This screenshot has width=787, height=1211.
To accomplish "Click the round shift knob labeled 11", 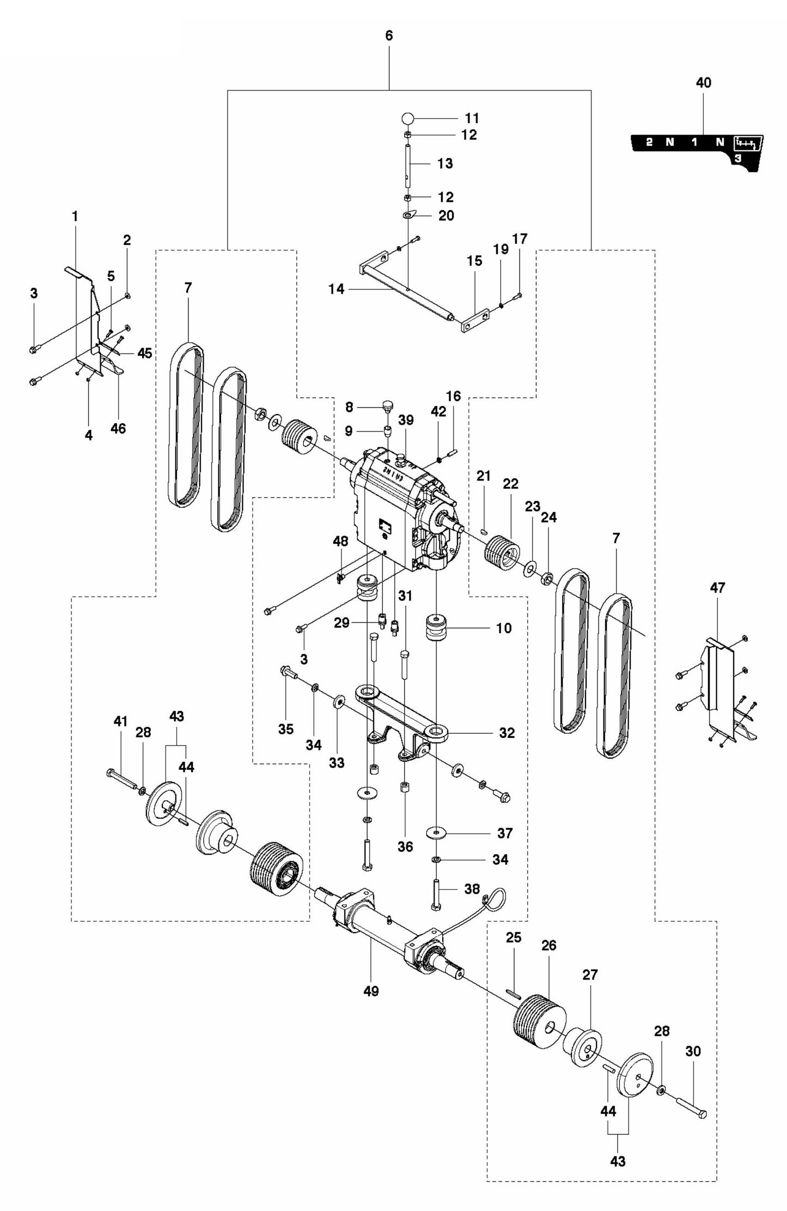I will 408,118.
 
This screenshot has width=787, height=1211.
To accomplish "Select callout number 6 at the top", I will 388,36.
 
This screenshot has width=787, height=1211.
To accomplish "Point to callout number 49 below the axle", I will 370,991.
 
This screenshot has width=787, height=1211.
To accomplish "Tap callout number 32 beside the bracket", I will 507,733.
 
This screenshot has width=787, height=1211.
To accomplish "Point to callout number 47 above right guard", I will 717,588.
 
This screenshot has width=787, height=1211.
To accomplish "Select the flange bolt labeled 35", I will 288,673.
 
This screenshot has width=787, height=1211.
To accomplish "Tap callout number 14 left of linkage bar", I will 337,289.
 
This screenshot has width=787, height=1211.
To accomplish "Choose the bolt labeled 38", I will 437,893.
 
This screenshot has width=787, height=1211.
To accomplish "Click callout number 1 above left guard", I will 75,216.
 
